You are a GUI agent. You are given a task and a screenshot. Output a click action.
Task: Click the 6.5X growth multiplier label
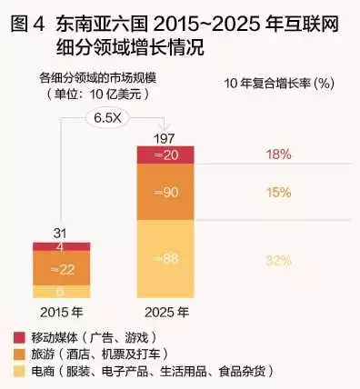[111, 117]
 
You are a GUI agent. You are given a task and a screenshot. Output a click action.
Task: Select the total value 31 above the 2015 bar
[61, 234]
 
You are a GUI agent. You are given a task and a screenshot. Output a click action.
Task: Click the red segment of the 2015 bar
[61, 246]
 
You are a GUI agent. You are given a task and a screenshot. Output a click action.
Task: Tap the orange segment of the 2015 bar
[61, 268]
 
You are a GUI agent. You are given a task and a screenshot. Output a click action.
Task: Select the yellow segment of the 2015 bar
[61, 292]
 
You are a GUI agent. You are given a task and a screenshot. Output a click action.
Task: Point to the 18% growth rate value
[278, 155]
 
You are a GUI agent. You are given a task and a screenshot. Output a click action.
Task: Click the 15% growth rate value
[278, 193]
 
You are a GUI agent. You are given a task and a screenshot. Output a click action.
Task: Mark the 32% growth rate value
[278, 260]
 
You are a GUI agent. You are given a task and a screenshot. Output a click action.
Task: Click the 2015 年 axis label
[61, 312]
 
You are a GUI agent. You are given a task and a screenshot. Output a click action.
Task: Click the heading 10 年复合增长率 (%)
[275, 83]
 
